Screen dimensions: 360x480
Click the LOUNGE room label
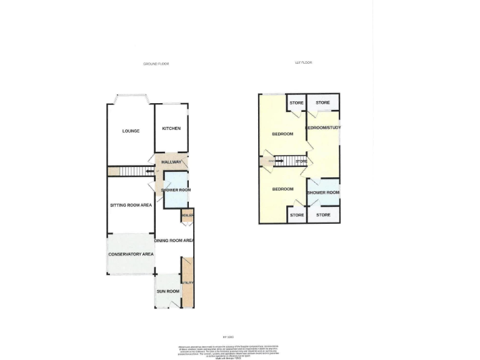click(x=131, y=131)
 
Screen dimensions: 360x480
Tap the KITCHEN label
click(x=171, y=129)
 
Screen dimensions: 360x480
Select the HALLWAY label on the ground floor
click(x=171, y=162)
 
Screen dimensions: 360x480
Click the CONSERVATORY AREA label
click(x=131, y=254)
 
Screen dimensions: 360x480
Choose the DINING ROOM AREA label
click(x=174, y=241)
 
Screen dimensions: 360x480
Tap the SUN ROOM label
click(x=168, y=291)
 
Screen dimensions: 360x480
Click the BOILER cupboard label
click(x=187, y=216)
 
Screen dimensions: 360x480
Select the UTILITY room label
click(x=187, y=283)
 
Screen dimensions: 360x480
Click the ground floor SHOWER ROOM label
click(x=176, y=190)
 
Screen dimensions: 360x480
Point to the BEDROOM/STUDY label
click(x=322, y=128)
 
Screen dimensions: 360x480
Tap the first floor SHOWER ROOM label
click(x=324, y=192)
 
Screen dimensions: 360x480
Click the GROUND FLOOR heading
click(x=156, y=64)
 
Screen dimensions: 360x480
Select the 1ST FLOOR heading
click(x=303, y=62)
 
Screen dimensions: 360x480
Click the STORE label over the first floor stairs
click(x=301, y=162)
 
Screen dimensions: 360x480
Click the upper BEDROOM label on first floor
click(x=282, y=134)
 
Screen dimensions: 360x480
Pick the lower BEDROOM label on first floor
click(x=282, y=189)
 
